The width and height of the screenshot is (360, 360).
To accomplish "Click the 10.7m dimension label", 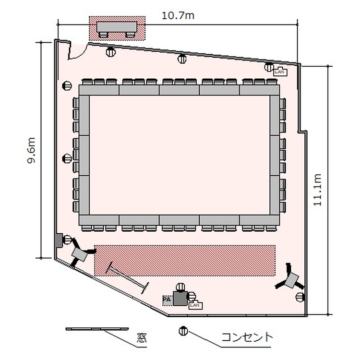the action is pyautogui.click(x=178, y=16).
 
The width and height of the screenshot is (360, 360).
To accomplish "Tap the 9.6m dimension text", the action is pyautogui.click(x=31, y=150).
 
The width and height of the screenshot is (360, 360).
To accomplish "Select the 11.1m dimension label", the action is pyautogui.click(x=318, y=190).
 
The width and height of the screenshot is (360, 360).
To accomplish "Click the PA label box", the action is pyautogui.click(x=167, y=300).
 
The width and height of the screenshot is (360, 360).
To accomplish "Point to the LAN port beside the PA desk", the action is pyautogui.click(x=195, y=305).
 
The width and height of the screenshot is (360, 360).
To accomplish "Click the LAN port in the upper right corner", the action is pyautogui.click(x=280, y=71).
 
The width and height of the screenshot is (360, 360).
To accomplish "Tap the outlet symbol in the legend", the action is pyautogui.click(x=183, y=331).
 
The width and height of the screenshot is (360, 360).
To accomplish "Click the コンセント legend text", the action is pyautogui.click(x=247, y=337).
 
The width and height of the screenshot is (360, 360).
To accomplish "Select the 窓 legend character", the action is pyautogui.click(x=142, y=338).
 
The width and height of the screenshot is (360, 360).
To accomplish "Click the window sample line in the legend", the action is pyautogui.click(x=97, y=329).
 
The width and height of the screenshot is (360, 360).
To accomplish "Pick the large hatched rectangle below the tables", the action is pyautogui.click(x=185, y=260).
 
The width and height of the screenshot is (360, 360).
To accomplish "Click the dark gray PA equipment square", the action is pyautogui.click(x=180, y=299).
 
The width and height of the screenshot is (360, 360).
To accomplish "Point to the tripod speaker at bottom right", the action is pyautogui.click(x=290, y=279).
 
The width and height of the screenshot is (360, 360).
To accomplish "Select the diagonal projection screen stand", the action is pyautogui.click(x=127, y=277).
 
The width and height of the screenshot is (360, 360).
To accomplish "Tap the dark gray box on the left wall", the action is pyautogui.click(x=59, y=240).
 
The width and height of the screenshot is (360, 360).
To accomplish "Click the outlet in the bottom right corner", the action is pyautogui.click(x=300, y=297).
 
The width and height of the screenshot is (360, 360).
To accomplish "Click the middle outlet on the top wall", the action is pyautogui.click(x=182, y=59).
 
